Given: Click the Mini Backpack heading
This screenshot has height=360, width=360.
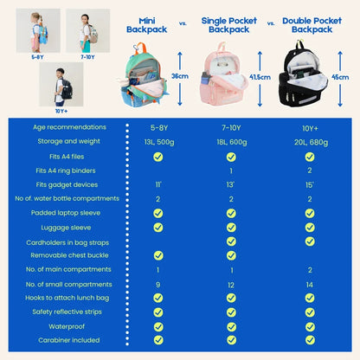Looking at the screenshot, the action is pos(147,25).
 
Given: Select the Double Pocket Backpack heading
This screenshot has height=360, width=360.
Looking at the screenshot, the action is pos(312,25).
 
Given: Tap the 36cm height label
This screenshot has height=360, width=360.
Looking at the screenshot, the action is pos(180,76).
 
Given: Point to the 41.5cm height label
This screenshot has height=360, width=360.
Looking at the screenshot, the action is pos(260,77).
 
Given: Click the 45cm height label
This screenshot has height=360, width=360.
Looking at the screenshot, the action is pos(340,77).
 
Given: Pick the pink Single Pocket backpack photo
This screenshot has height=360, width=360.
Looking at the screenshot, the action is pos(224,74).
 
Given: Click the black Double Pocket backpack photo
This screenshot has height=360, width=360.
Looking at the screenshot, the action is pos(303,74).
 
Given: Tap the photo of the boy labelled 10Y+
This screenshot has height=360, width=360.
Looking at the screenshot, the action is pos(61,85).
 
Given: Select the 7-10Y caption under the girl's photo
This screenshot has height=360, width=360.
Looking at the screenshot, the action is pos(87,57).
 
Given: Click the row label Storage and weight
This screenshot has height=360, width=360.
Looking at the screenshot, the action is pos(68,141).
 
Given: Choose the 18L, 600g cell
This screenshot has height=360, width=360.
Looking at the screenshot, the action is pos(232,142).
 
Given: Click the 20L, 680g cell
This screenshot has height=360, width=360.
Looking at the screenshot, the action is pos(311,142).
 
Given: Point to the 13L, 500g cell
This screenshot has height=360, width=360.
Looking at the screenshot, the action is pos(159,142).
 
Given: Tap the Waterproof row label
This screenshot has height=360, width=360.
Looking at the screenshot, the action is pos(67,326).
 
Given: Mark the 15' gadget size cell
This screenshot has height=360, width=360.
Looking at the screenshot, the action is pos(309,185).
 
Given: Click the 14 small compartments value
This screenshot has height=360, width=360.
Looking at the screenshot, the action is pos(310,285).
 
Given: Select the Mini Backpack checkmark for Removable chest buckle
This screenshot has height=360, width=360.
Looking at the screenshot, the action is pos(158,255).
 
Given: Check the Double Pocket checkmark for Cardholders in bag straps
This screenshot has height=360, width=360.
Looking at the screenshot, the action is pos(310,241).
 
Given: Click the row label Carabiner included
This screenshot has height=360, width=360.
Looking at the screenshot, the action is pos(69,340).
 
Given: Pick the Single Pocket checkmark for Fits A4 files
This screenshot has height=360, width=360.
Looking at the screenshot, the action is pos(231,157).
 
